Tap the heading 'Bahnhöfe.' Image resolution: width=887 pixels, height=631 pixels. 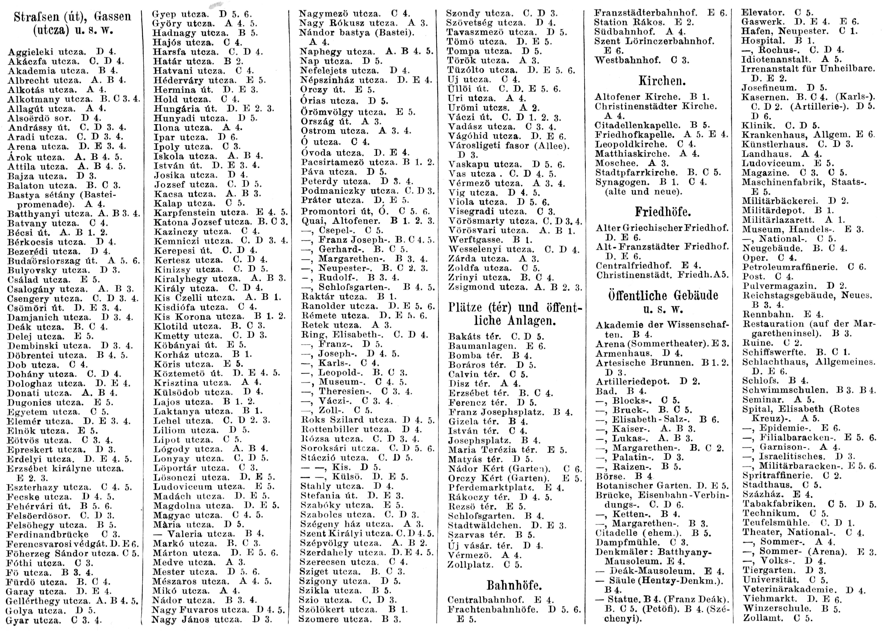click(x=514, y=585)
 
